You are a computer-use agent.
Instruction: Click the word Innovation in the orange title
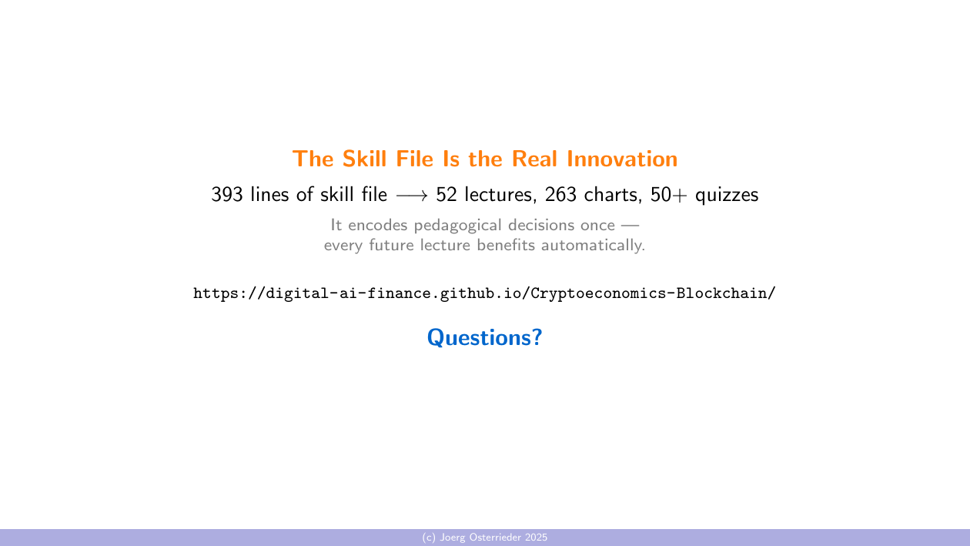[x=622, y=159]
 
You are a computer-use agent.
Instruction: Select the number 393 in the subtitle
[x=228, y=195]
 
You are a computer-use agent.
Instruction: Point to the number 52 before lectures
[x=447, y=195]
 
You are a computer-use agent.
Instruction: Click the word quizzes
[x=727, y=196]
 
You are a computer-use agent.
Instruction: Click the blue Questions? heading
[x=485, y=337]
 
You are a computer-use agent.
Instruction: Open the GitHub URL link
[x=484, y=293]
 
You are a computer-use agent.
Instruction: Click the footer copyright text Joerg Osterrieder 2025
[x=485, y=538]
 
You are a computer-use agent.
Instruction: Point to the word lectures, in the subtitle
[x=500, y=195]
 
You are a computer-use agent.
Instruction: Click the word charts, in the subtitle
[x=614, y=195]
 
